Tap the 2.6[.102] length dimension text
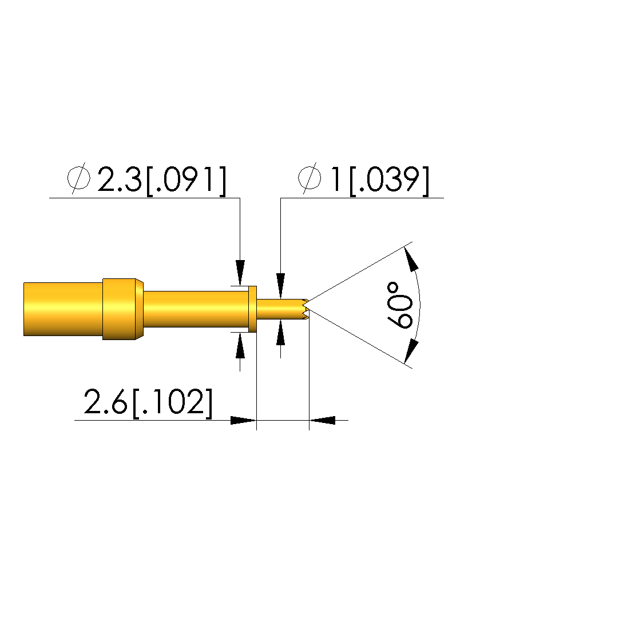[x=148, y=402]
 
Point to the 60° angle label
[x=400, y=305]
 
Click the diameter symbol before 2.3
[x=78, y=178]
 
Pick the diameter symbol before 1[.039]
[x=309, y=178]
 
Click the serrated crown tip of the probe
[x=305, y=309]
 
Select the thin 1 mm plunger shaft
[x=280, y=309]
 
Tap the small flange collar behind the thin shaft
[x=252, y=309]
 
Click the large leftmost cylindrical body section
[x=63, y=309]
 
